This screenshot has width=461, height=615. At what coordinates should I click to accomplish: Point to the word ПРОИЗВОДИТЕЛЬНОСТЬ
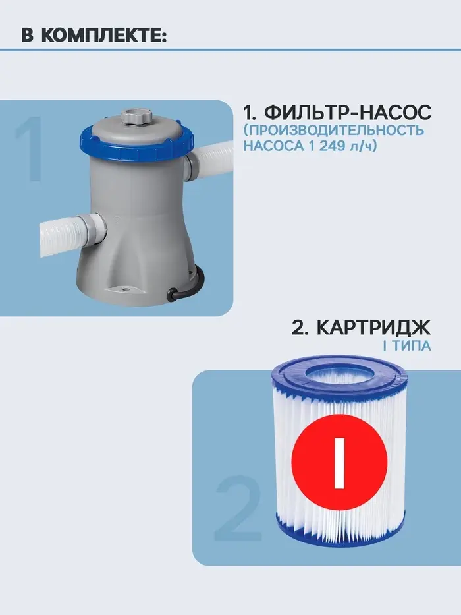pos(337,131)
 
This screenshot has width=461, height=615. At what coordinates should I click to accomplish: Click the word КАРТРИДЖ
pos(373,328)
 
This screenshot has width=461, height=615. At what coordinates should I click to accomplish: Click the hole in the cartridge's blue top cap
pos(339,375)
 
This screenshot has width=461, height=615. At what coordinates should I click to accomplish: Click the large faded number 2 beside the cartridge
pos(238,508)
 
